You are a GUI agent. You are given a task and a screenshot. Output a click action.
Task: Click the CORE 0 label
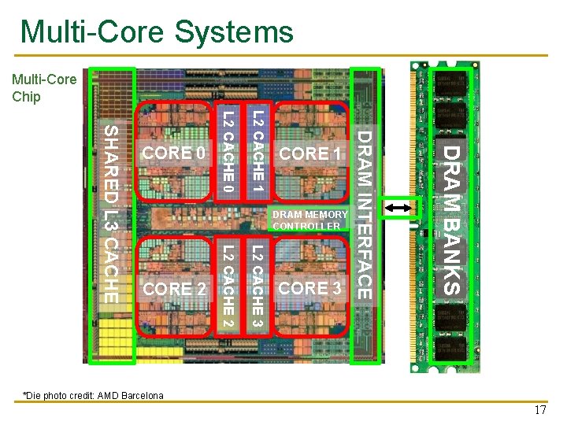click(172, 153)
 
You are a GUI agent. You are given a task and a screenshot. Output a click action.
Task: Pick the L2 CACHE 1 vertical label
click(258, 152)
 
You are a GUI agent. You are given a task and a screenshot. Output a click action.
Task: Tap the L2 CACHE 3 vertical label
click(258, 287)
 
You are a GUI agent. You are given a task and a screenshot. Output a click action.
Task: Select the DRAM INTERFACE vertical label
click(365, 215)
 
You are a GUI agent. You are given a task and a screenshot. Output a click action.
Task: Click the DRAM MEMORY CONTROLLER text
click(309, 220)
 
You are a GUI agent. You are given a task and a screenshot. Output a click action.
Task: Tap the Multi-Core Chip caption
click(44, 87)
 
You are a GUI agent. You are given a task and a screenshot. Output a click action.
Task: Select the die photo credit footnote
click(93, 395)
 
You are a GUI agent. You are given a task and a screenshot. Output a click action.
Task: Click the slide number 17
click(539, 410)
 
